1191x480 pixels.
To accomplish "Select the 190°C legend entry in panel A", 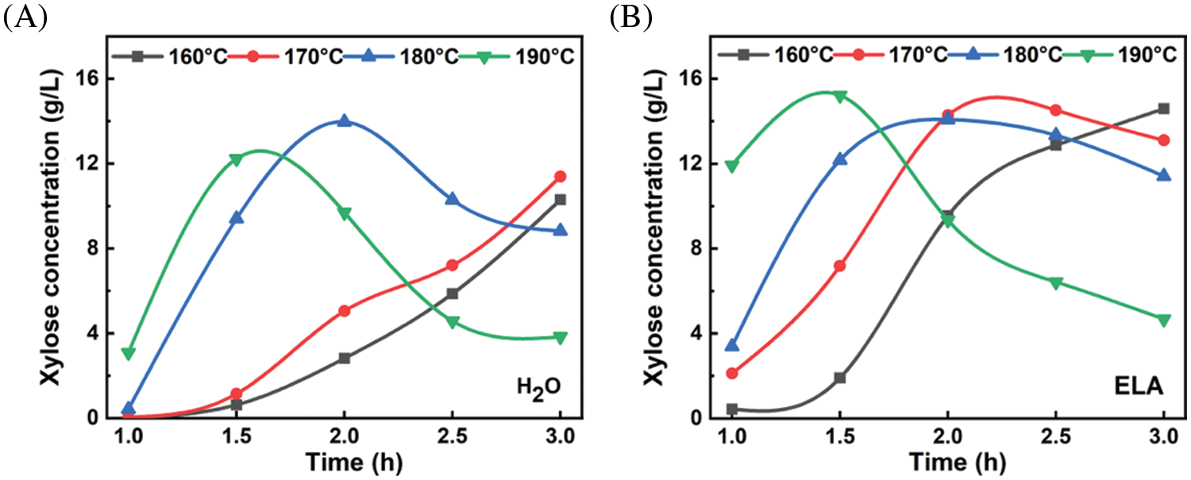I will tap(526, 56).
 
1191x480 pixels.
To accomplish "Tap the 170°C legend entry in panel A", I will tap(292, 56).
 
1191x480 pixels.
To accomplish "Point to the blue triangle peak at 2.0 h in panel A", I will tap(344, 121).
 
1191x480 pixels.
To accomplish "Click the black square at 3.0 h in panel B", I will tap(1164, 109).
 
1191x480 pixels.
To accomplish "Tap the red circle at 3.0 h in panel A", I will tap(560, 176).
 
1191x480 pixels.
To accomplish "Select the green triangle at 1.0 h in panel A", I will tap(128, 353).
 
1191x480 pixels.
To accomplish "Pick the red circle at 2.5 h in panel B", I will tap(1055, 110).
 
